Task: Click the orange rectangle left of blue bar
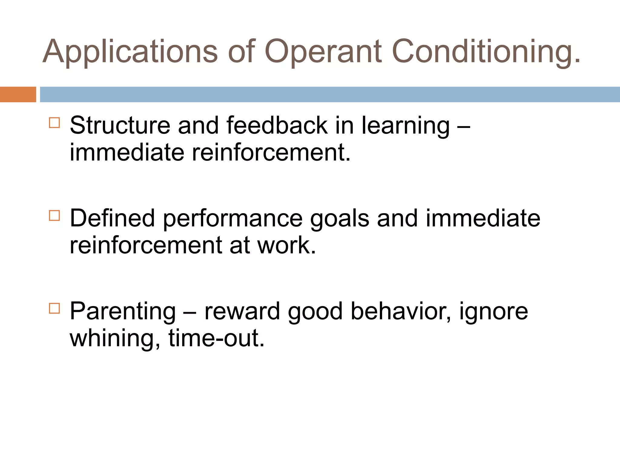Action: point(18,94)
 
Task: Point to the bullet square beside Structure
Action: point(54,123)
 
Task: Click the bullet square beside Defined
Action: point(54,216)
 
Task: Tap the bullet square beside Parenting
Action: point(54,308)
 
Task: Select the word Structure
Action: point(120,125)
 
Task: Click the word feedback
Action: point(277,125)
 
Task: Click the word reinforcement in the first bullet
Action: point(271,152)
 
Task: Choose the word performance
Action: point(232,219)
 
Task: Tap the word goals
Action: point(339,219)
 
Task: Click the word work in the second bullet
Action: point(286,245)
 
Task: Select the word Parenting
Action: point(123,312)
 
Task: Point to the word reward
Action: point(242,311)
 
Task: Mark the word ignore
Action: point(493,312)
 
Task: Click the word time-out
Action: point(216,338)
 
